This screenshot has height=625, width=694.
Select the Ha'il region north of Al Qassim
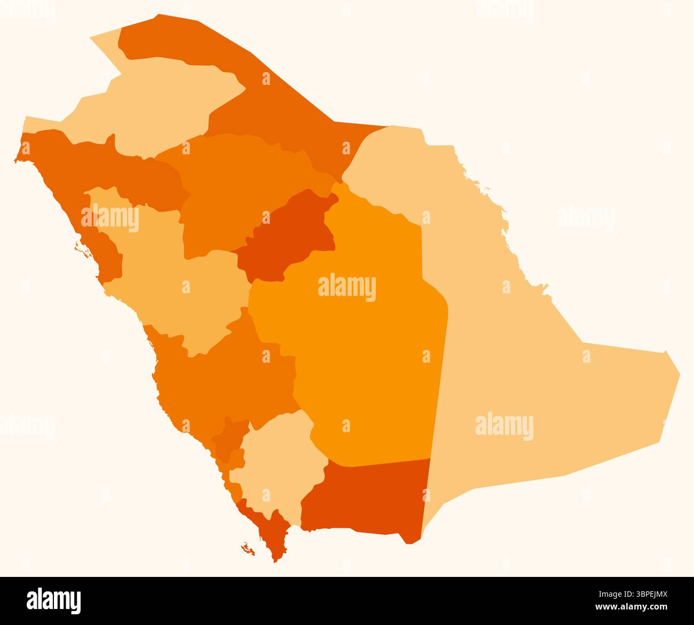coord(240,182)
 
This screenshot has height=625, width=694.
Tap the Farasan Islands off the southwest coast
coord(247,548)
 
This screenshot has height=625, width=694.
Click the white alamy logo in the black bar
coord(54,600)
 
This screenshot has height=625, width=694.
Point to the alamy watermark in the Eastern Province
coord(504,426)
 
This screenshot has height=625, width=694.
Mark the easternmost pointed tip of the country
coord(679,372)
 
